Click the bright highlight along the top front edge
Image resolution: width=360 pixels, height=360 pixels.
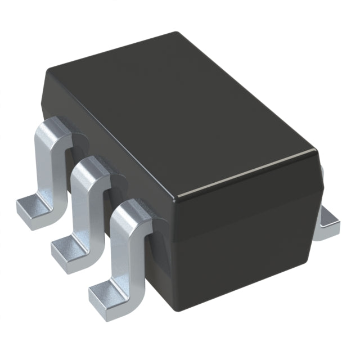tap(247, 174)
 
